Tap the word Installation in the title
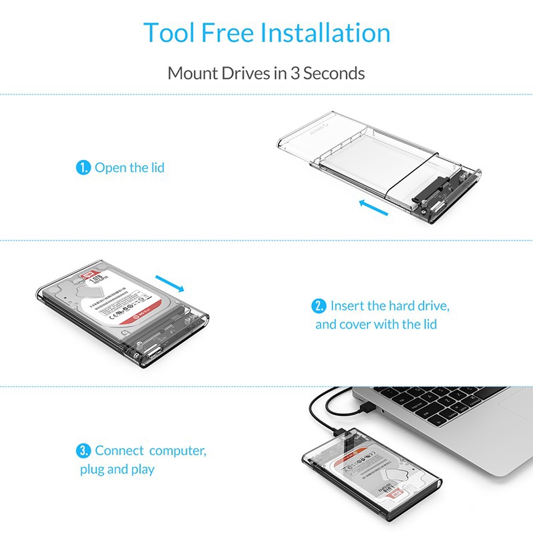point(325,33)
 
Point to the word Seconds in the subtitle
point(334,73)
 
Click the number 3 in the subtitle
point(294,73)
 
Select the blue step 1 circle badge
point(83,168)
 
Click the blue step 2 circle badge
point(320,306)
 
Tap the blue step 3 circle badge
point(84,451)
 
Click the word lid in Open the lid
point(156,168)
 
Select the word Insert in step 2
point(348,306)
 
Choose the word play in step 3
point(142,470)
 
